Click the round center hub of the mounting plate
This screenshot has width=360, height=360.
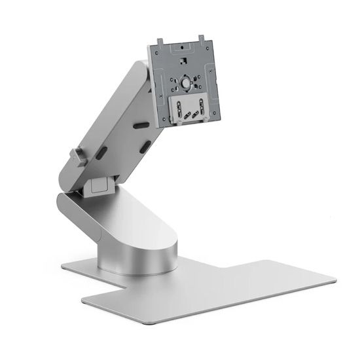187,83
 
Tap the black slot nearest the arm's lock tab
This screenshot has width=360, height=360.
102,152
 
